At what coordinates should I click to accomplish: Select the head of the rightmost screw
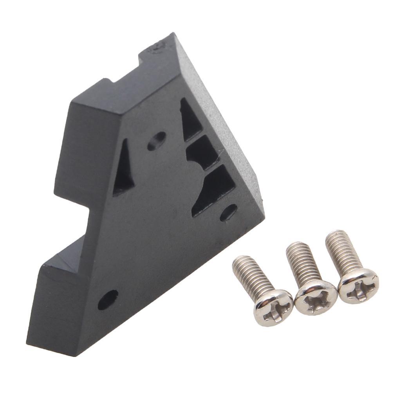point(358,285)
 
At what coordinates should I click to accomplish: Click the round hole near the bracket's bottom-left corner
point(108,300)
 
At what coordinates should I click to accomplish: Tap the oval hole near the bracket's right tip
point(228,212)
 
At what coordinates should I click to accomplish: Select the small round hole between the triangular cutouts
point(157,141)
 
